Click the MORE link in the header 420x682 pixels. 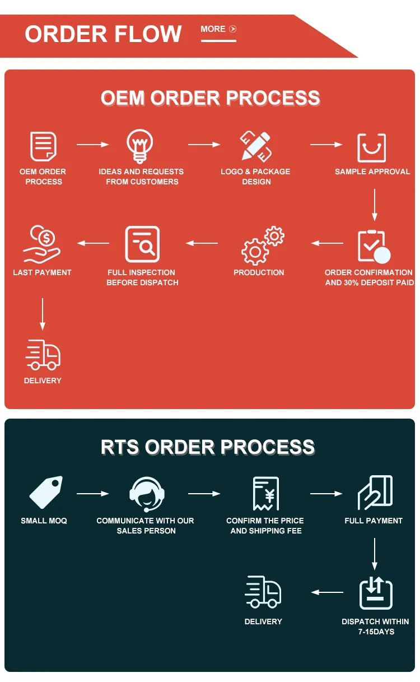point(218,29)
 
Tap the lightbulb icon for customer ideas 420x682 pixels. point(141,146)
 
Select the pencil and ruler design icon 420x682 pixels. point(255,146)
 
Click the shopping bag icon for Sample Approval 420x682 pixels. point(372,147)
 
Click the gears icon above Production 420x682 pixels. point(262,245)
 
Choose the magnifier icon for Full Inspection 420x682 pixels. point(142,244)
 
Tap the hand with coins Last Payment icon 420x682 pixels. point(42,244)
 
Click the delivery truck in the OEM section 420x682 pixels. point(43,354)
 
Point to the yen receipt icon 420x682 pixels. point(265,494)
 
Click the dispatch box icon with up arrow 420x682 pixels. point(375,593)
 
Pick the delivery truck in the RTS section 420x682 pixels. point(263,592)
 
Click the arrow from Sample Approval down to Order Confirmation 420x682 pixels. point(375,205)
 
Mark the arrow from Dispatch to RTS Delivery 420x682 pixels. point(327,592)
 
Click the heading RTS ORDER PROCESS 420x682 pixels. point(208,447)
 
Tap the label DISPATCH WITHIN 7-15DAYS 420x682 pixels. point(375,627)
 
